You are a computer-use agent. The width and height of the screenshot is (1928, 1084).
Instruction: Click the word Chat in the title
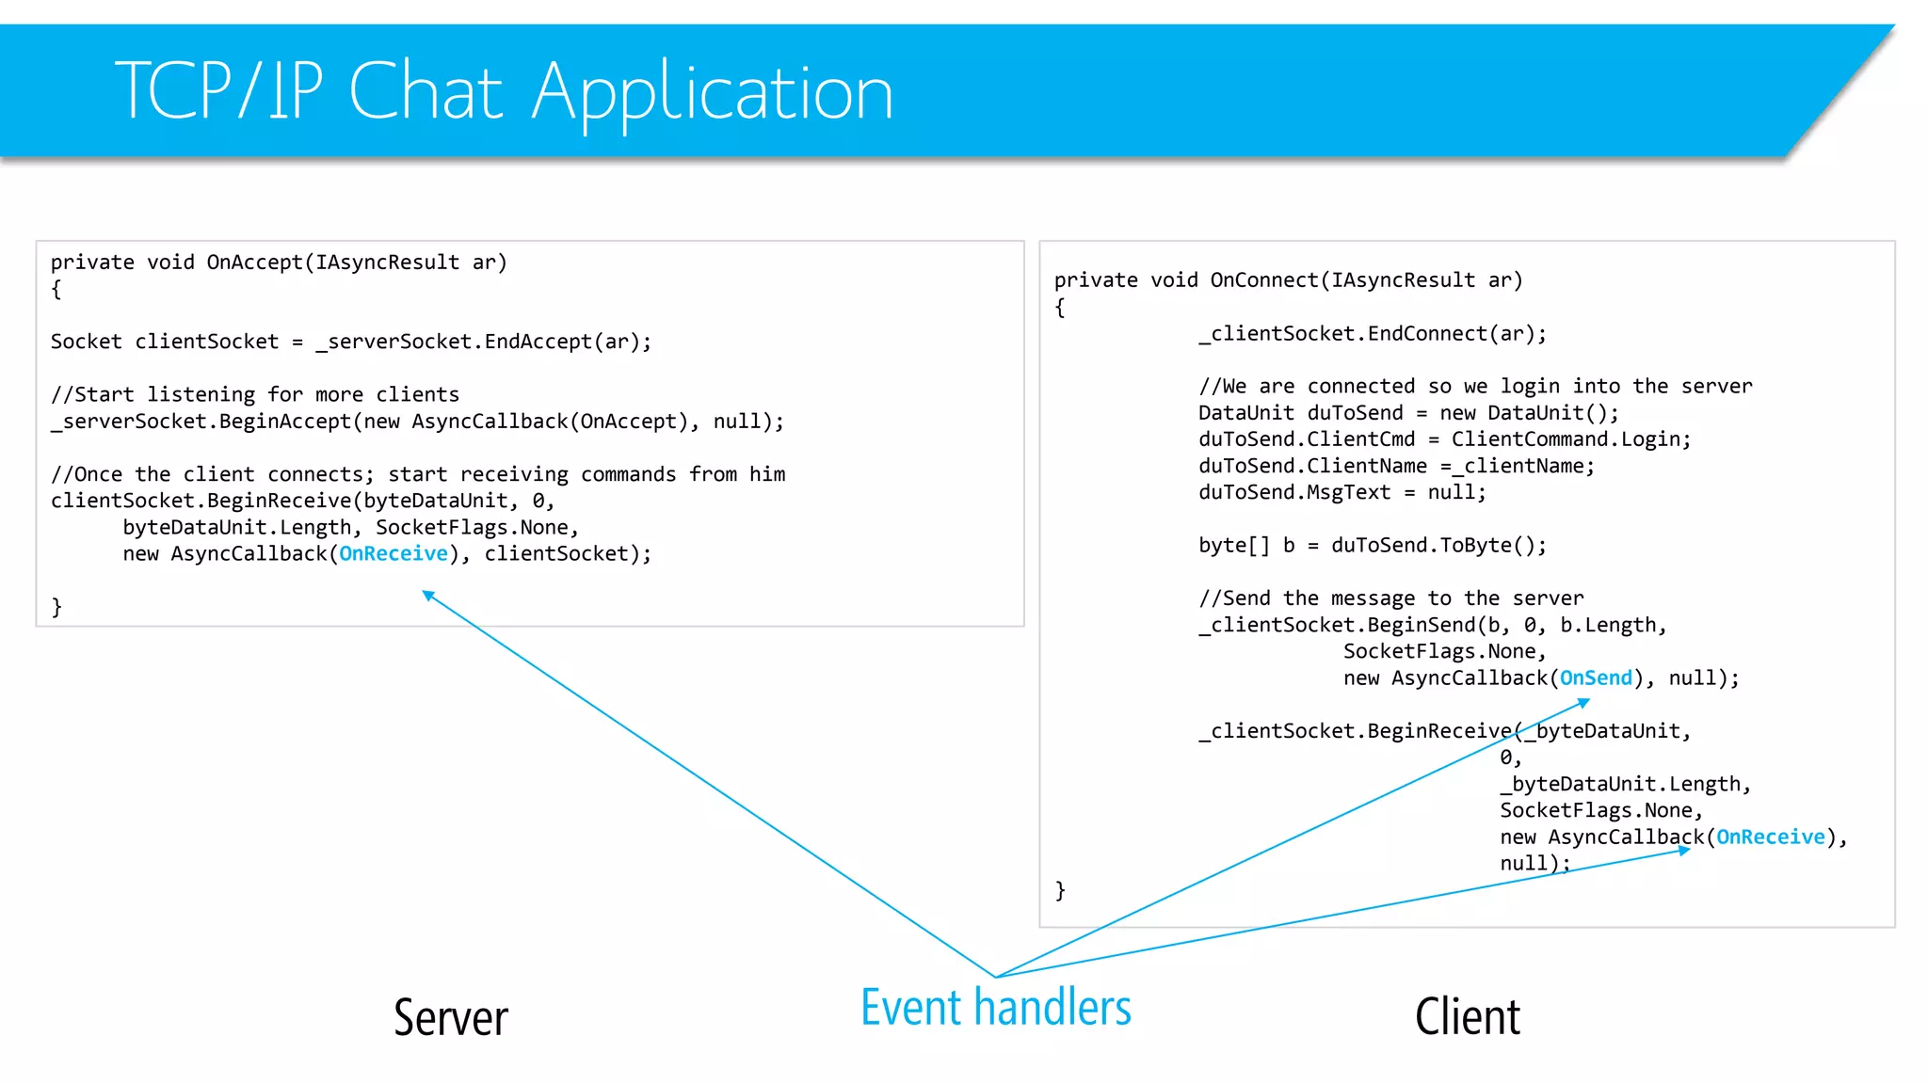click(x=426, y=91)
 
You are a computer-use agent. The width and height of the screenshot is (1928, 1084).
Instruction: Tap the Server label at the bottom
click(x=450, y=1017)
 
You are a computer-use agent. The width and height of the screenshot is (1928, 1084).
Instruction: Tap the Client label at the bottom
click(x=1467, y=1017)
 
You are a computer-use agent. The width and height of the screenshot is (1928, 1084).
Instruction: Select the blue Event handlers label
click(x=995, y=1007)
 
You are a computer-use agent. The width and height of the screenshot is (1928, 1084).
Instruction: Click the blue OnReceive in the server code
click(x=394, y=553)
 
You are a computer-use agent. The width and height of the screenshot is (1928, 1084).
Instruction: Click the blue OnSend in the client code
click(x=1596, y=677)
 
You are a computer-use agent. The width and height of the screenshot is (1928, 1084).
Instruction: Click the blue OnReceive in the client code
click(x=1770, y=837)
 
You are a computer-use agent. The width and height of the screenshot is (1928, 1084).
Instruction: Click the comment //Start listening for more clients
click(x=255, y=394)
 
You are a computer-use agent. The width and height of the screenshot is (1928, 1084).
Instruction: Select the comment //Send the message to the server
click(x=1390, y=598)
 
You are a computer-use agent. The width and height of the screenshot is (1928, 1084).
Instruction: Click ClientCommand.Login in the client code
click(x=1570, y=438)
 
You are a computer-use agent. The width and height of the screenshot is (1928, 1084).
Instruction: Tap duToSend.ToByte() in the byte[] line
click(x=1438, y=545)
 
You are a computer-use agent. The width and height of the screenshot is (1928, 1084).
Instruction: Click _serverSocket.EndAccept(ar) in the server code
click(x=483, y=342)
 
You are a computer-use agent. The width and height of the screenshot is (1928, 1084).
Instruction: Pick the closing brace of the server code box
click(x=56, y=607)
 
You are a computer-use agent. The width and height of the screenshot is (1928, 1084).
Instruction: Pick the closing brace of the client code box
click(x=1060, y=890)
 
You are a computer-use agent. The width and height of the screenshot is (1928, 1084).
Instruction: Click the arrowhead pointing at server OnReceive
click(x=428, y=595)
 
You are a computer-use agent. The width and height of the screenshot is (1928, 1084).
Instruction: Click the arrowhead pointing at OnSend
click(x=1584, y=702)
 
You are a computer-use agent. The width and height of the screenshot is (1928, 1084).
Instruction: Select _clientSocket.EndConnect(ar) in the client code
click(x=1372, y=333)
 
